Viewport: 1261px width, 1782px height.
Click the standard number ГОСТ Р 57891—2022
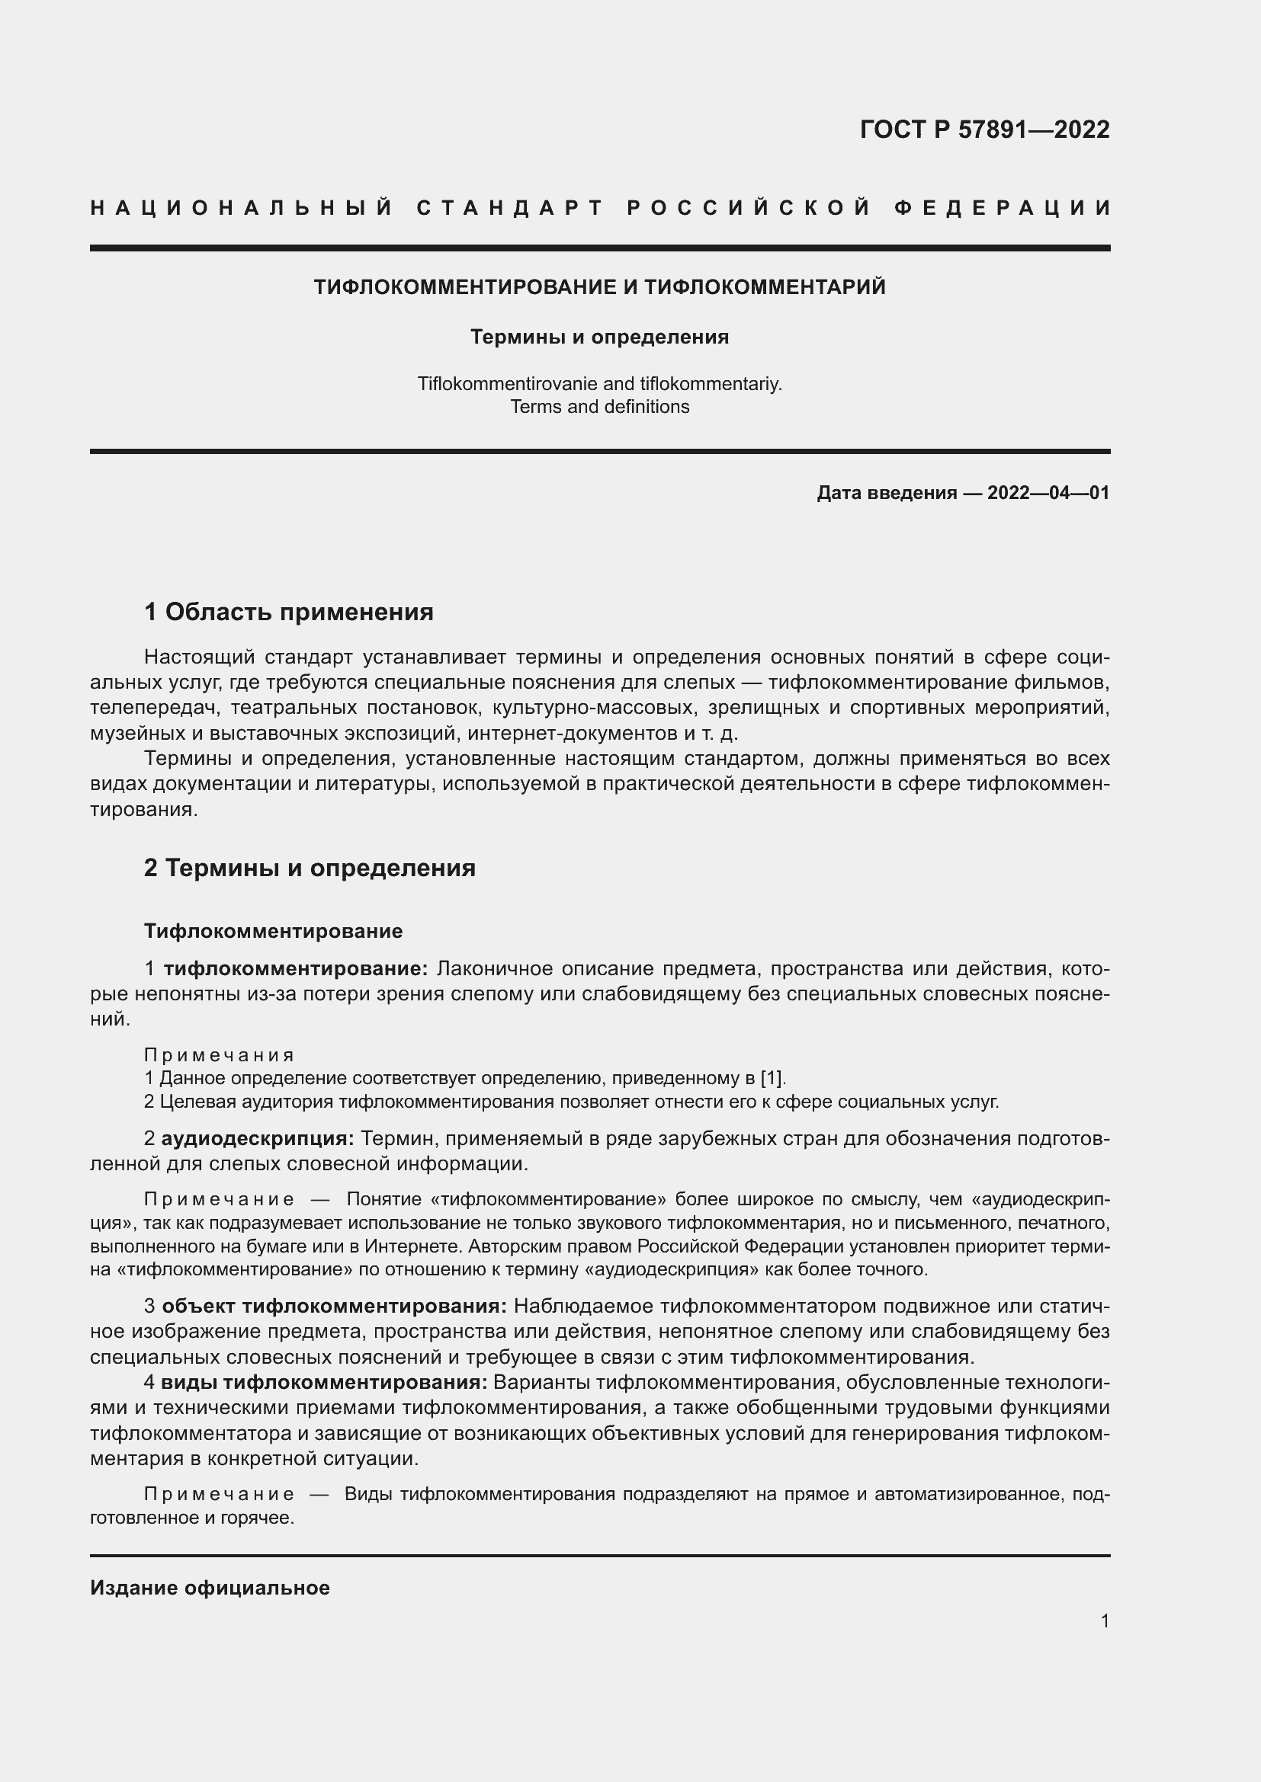tap(984, 130)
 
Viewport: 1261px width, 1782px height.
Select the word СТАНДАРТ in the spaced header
tap(510, 208)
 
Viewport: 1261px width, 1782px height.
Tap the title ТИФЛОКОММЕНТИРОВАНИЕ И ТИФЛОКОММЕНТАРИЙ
tap(599, 287)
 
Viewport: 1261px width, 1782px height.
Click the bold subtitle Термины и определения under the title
tap(599, 337)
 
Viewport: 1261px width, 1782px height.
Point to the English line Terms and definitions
tap(599, 407)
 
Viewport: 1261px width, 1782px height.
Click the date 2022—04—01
tap(1048, 493)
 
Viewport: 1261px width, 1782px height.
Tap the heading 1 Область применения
tap(289, 612)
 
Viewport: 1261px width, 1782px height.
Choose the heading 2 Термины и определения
tap(310, 867)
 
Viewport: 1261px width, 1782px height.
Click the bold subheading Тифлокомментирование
tap(274, 930)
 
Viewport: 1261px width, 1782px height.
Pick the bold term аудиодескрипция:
tap(258, 1137)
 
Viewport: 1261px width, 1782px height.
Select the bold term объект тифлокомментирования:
tap(335, 1307)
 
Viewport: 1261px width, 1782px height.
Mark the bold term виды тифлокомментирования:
tap(325, 1382)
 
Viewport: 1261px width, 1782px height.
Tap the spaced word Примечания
tap(219, 1054)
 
